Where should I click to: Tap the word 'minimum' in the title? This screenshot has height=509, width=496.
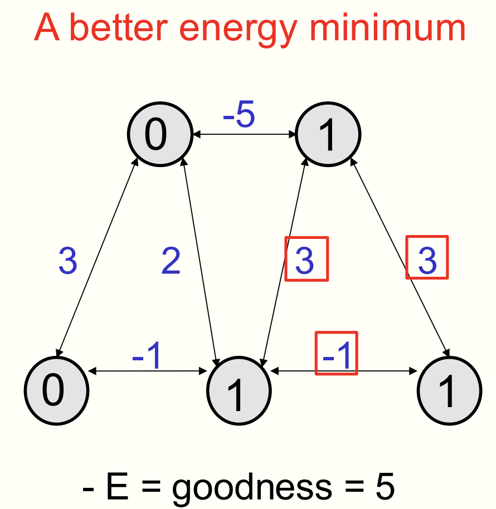click(388, 28)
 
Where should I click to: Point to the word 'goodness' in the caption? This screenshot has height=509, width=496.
click(252, 488)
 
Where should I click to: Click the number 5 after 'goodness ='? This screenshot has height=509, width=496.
click(385, 486)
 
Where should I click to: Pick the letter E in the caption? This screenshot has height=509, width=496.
click(117, 486)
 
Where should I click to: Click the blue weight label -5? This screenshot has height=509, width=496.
click(239, 114)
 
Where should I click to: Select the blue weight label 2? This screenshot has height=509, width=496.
click(171, 260)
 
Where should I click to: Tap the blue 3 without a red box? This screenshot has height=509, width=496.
click(68, 260)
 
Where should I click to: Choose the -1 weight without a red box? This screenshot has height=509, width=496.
click(147, 356)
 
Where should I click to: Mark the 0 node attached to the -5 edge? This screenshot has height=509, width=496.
click(160, 134)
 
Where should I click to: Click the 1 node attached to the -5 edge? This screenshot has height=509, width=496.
click(328, 134)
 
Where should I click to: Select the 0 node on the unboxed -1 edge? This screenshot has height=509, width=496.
click(56, 390)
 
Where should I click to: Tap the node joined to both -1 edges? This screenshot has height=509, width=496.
click(239, 390)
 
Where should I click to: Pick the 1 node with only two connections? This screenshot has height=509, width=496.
click(450, 390)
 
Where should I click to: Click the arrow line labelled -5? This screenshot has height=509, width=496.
click(244, 134)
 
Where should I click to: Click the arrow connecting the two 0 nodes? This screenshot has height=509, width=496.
click(97, 257)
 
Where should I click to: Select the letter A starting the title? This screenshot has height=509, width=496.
click(47, 27)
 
